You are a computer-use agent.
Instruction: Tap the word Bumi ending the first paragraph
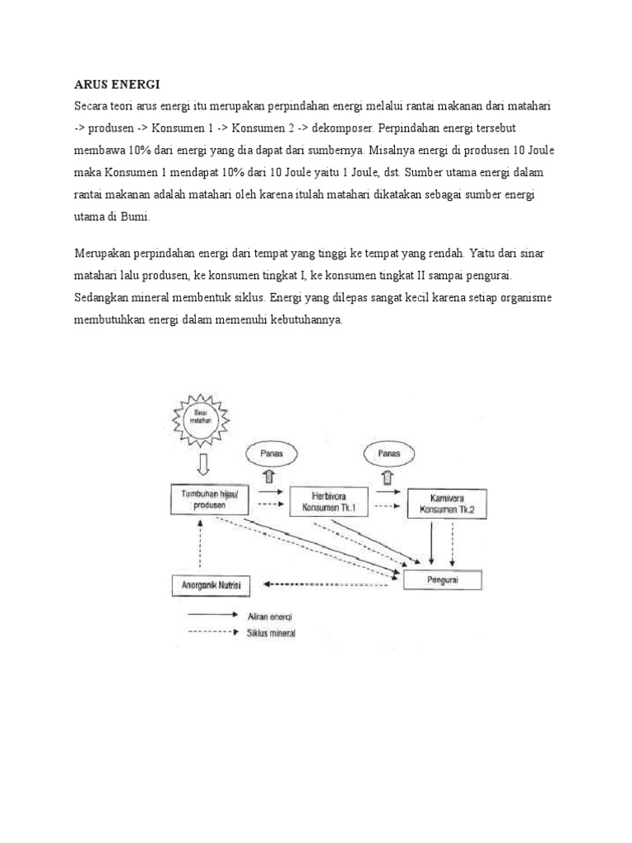pyautogui.click(x=133, y=217)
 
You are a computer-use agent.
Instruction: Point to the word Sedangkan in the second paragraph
pyautogui.click(x=106, y=295)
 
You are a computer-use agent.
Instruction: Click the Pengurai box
pyautogui.click(x=443, y=580)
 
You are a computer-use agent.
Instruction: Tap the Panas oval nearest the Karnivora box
pyautogui.click(x=389, y=454)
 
